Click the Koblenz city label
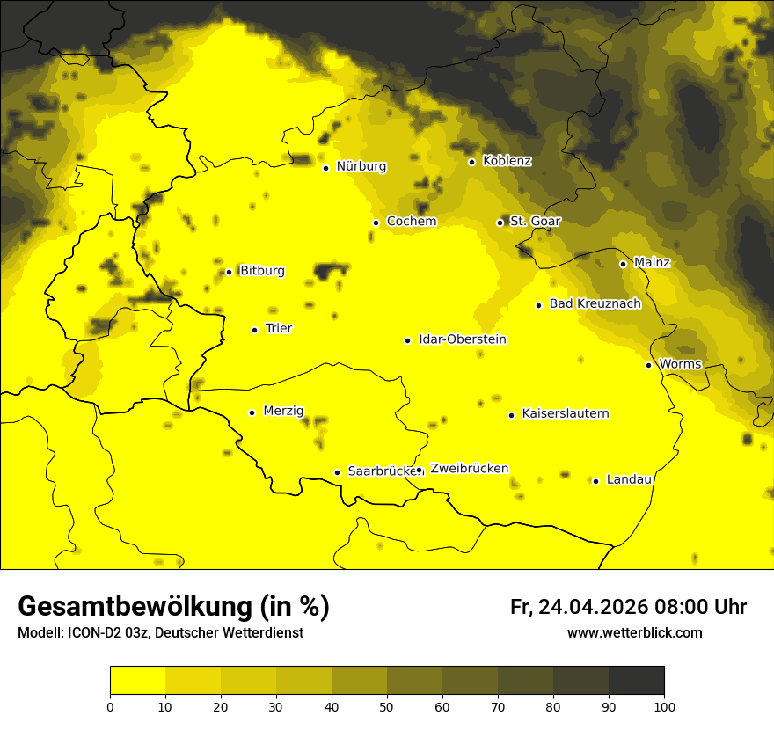[507, 161]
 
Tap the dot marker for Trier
[254, 330]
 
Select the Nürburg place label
[361, 166]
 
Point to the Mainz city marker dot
[623, 264]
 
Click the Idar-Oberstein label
[463, 339]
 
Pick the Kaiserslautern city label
[566, 413]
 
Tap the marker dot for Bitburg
[229, 272]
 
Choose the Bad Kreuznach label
[595, 303]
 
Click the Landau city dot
[595, 481]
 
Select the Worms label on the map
[680, 364]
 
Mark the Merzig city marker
[252, 412]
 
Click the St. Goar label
[535, 221]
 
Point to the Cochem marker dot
[376, 223]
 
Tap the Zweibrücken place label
[469, 469]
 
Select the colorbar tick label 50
[387, 706]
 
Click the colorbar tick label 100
[664, 706]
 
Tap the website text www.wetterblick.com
[634, 633]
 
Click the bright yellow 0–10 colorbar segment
[137, 680]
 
